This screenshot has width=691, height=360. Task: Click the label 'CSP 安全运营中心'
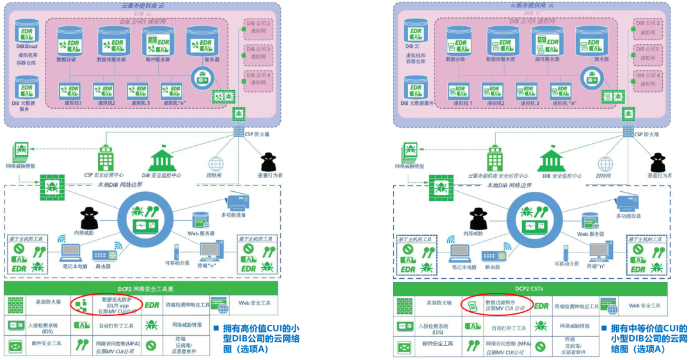[104, 175]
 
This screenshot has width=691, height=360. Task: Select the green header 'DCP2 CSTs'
[530, 288]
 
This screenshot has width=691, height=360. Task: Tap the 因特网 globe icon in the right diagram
[603, 162]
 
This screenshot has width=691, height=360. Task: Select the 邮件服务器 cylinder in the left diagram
[158, 42]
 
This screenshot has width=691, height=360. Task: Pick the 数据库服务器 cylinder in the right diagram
[503, 42]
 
